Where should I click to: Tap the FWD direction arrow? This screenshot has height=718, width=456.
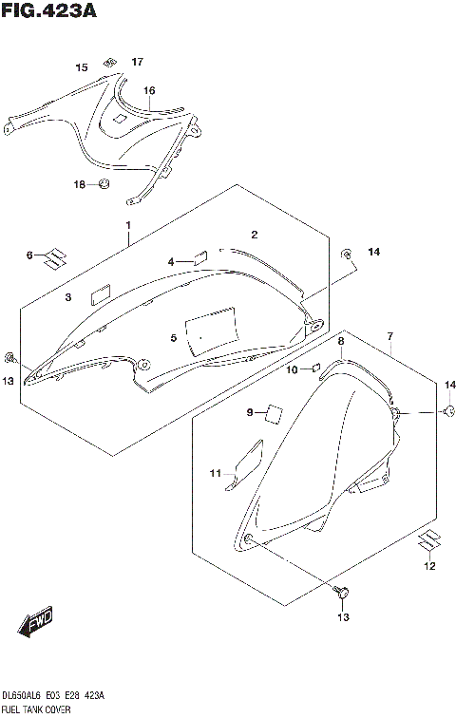[35, 624]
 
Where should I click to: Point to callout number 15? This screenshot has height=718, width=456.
[81, 67]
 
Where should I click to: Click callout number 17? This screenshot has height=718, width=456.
[137, 62]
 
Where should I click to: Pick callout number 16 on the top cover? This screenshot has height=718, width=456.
[149, 90]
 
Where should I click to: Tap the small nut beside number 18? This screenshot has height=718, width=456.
[104, 182]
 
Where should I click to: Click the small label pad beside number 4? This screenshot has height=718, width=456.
[200, 255]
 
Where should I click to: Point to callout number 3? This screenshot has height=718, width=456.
[68, 297]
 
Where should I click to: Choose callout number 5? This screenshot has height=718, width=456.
[174, 337]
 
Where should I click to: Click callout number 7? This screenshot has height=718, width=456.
[389, 336]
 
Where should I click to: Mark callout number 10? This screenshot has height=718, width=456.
[293, 368]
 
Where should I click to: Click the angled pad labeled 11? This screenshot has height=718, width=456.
[244, 465]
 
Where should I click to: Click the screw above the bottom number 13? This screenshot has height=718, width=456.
[342, 594]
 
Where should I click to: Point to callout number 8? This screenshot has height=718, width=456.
[340, 339]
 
